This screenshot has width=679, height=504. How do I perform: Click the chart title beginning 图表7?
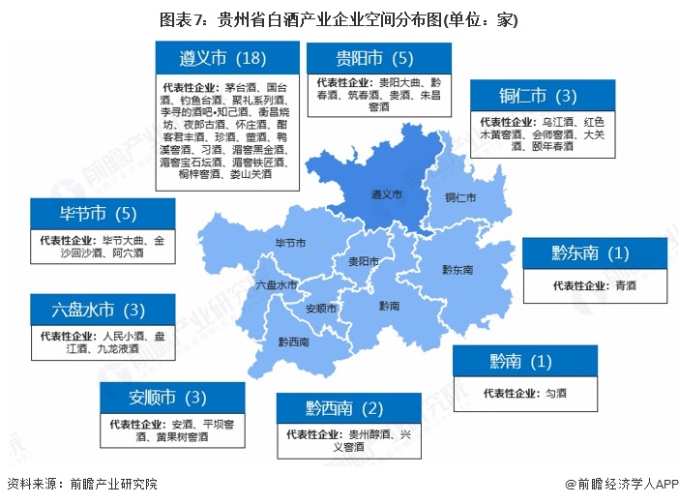pos(339,18)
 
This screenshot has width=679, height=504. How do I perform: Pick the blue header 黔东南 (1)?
pos(590,253)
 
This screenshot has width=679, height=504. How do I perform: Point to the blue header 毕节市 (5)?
pos(103,213)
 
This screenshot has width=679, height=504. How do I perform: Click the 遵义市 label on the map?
pos(386,193)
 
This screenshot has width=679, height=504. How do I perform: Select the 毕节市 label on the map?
pos(291,243)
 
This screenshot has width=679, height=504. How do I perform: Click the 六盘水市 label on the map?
pos(277,285)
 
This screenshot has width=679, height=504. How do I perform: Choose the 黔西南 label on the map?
pos(293,341)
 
